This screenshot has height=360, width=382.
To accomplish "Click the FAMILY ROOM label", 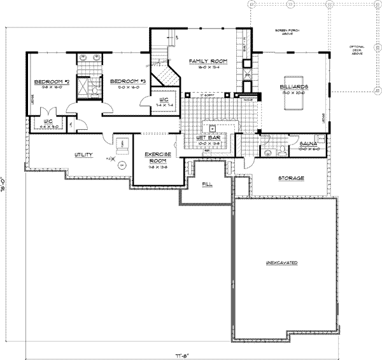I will (x=204, y=60).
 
